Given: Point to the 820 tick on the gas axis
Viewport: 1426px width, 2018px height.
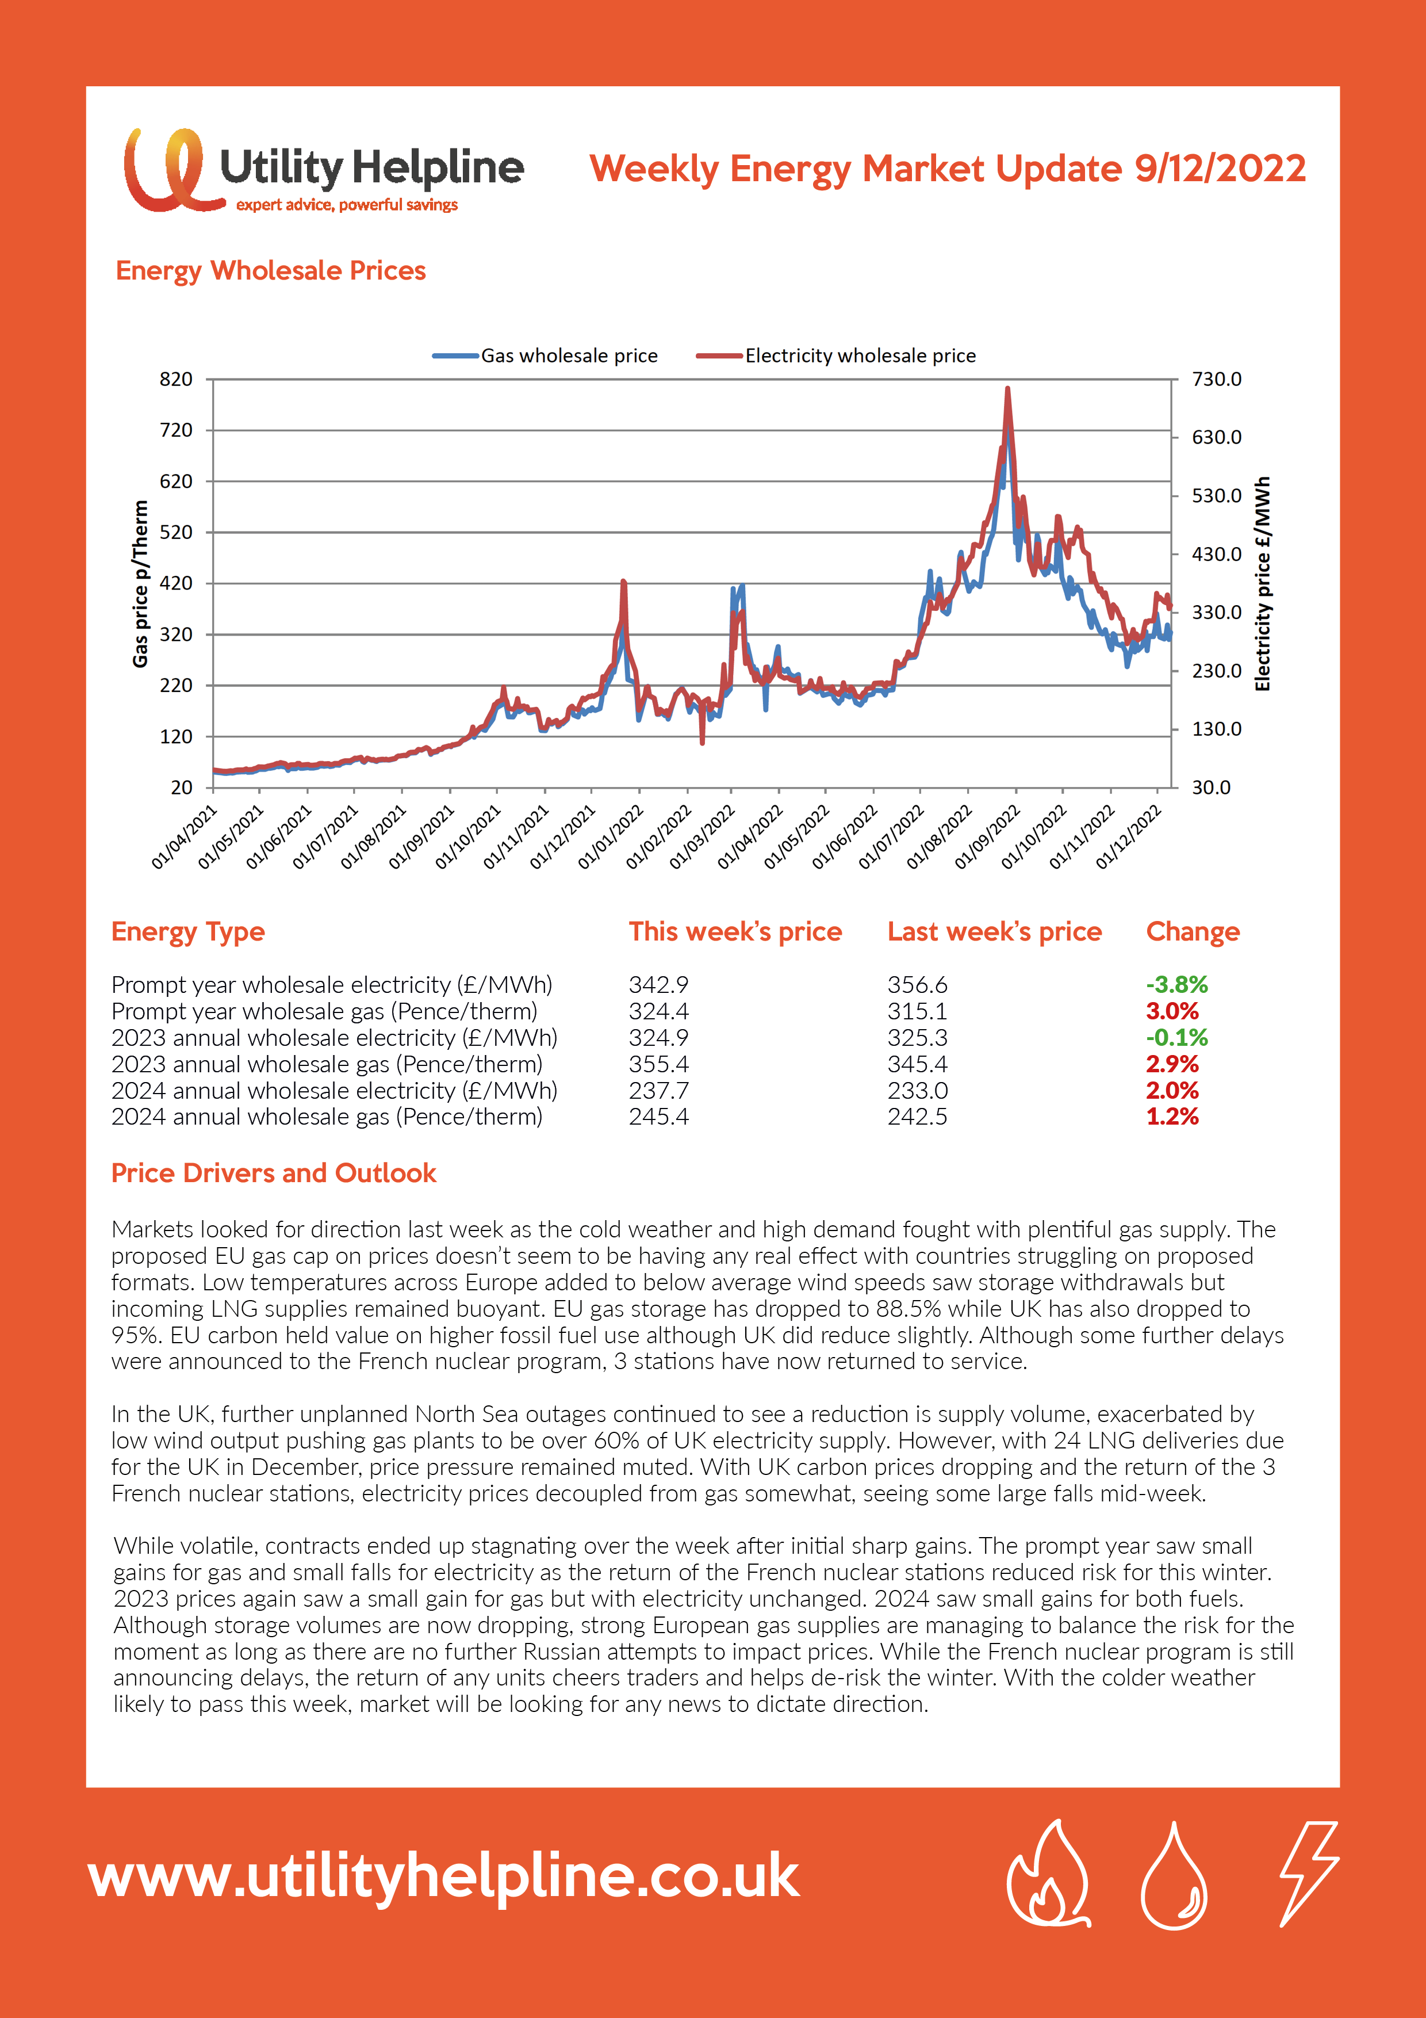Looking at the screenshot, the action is [x=176, y=380].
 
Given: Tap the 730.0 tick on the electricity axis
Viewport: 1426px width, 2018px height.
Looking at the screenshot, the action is [x=1217, y=380].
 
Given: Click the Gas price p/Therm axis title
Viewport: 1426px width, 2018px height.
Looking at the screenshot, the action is [x=140, y=584].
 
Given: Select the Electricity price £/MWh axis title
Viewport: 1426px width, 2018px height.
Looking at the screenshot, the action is [x=1263, y=584].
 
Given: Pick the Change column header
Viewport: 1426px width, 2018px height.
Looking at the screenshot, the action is [x=1193, y=932].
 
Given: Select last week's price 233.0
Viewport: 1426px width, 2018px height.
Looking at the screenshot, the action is [x=917, y=1091].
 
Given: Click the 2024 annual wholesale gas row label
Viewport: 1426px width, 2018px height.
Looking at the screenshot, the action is [x=327, y=1117].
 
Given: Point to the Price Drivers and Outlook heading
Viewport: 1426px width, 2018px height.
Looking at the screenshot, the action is [x=273, y=1174].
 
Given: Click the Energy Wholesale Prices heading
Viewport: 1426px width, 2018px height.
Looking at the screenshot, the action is [x=271, y=271].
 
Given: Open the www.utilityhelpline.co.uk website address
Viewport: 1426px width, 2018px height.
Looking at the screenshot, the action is [x=444, y=1875].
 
